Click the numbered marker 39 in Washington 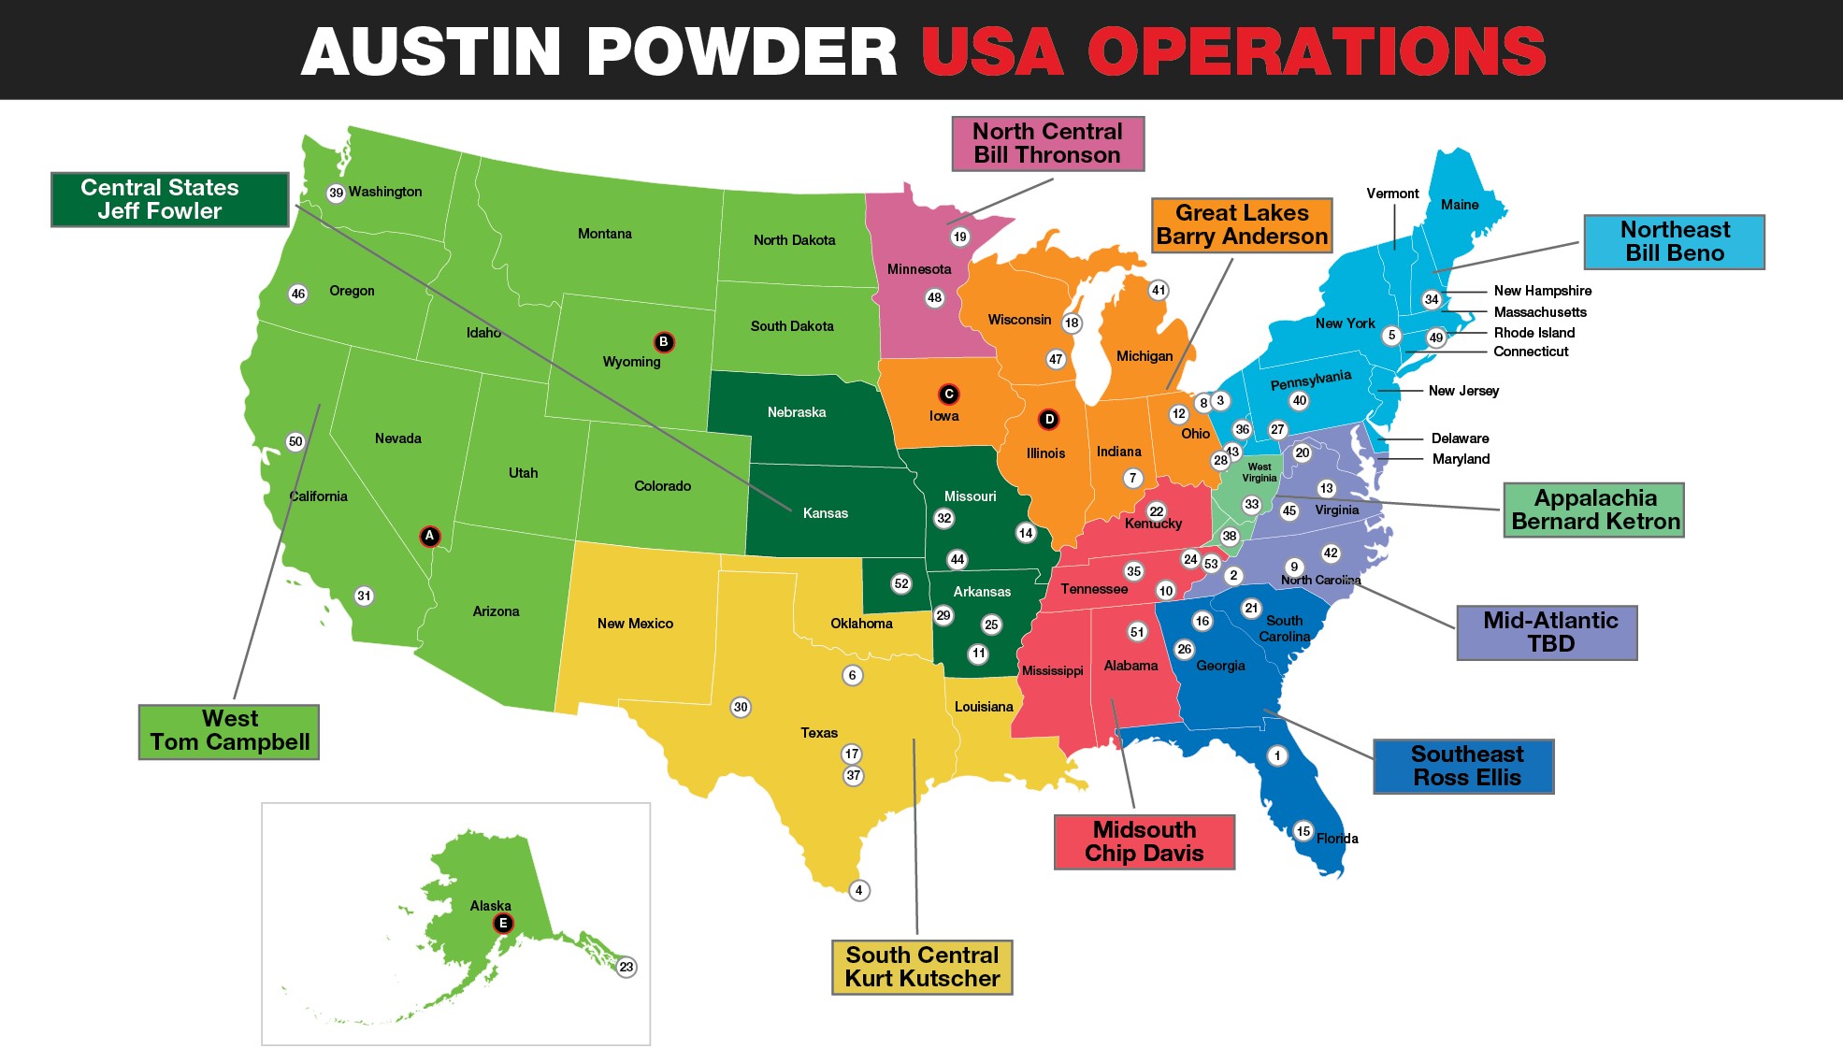tap(337, 193)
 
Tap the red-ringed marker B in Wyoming tap(664, 342)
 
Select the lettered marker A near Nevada tap(429, 536)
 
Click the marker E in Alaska tap(503, 924)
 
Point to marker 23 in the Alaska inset tap(626, 967)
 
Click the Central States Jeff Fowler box tap(169, 199)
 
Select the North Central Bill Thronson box tap(1047, 143)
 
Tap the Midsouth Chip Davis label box tap(1144, 841)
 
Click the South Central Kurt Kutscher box tap(922, 967)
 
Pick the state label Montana tap(604, 234)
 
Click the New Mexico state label tap(635, 624)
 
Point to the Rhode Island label tap(1533, 333)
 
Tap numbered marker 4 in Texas tap(858, 890)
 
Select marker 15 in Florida tap(1303, 831)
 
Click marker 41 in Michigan tap(1159, 290)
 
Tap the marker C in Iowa tap(948, 395)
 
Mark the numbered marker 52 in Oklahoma tap(901, 583)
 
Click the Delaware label tap(1460, 438)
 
